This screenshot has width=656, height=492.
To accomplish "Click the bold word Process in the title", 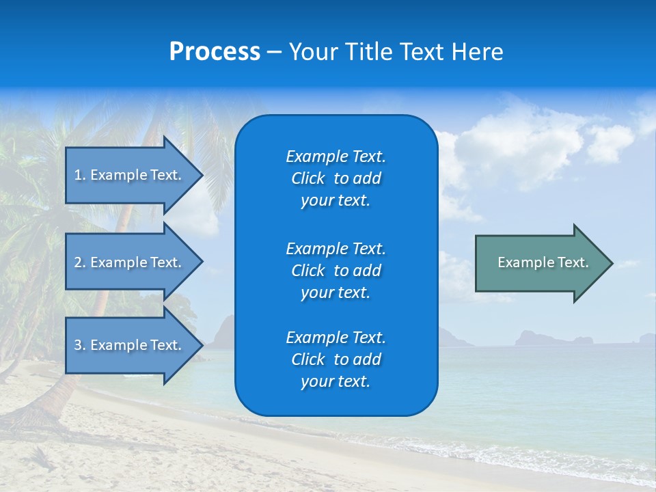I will pos(215,52).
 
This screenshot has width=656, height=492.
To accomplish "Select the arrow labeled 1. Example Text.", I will pos(130,175).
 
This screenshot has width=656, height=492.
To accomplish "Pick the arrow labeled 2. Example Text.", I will pos(130,262).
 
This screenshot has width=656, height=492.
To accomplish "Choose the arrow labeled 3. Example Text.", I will pos(130,345).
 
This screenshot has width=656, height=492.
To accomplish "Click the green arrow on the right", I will pos(540,262).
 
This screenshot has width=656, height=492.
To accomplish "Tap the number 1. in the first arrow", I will pos(80,175).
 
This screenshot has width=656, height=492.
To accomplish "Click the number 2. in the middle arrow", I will pos(80,262).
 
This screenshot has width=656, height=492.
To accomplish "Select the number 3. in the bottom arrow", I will pos(80,345).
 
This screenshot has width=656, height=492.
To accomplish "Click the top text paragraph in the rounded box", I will pos(336,178).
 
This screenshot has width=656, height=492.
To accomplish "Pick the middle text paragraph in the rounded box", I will pos(336,271).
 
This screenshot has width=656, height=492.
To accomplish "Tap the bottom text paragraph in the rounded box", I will pos(336,359).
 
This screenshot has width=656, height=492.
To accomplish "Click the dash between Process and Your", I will pos(274,53).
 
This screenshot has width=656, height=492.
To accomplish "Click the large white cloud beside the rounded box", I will pos(519,143).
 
